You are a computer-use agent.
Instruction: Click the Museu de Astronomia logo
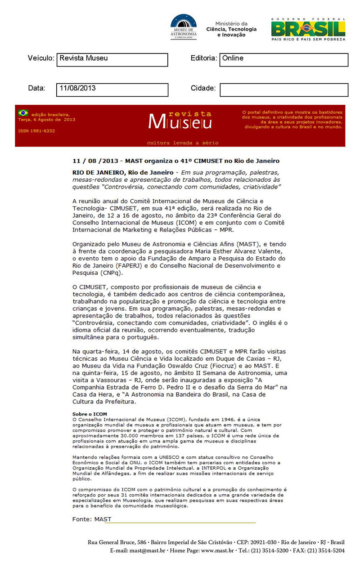(183, 27)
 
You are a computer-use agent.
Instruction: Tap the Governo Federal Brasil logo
(308, 29)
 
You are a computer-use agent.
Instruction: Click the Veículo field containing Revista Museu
(112, 59)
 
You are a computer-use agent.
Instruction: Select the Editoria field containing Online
(283, 59)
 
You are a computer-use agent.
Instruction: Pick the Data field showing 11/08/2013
(112, 90)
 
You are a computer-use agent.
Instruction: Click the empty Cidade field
(283, 90)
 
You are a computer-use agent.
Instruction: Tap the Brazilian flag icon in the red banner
(23, 113)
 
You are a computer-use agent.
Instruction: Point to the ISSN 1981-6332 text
(36, 130)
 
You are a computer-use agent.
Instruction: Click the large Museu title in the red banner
(180, 121)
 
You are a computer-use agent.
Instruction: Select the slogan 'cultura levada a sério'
(183, 143)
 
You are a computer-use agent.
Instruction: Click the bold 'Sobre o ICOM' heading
(90, 413)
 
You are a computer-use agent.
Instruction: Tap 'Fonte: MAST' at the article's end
(91, 519)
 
